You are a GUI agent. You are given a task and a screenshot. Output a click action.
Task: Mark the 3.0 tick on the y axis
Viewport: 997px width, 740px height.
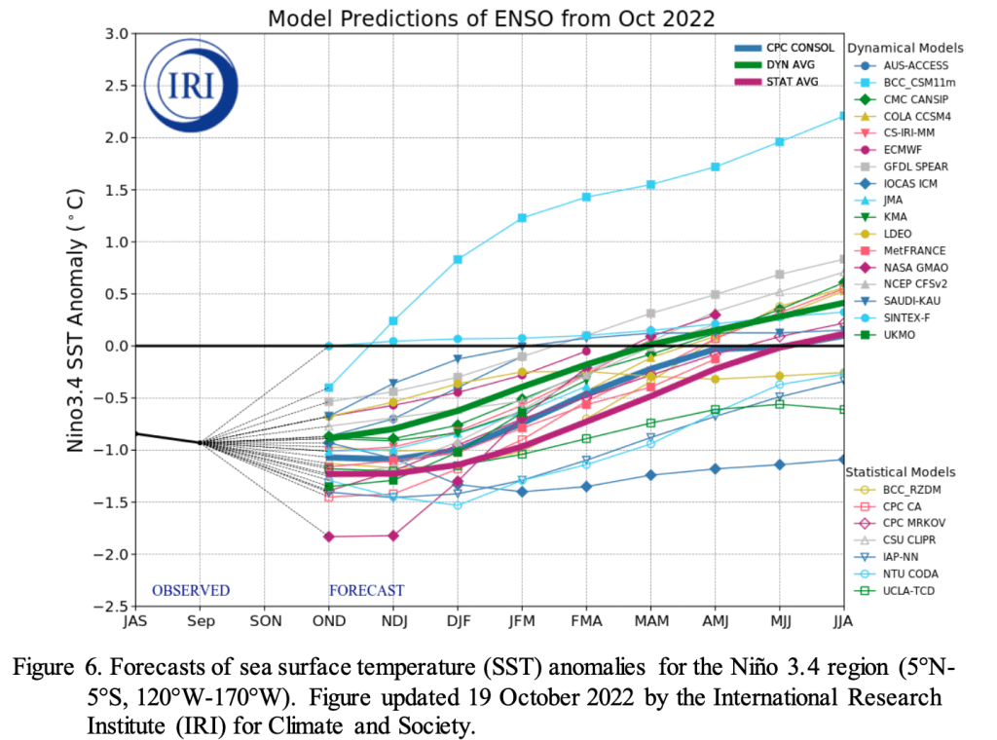[117, 34]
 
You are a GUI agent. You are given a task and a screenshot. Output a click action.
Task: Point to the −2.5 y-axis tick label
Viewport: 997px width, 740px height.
[111, 606]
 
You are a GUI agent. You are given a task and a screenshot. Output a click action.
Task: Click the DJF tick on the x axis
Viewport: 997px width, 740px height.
[457, 620]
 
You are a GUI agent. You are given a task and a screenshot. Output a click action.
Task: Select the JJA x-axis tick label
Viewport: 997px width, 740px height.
[841, 620]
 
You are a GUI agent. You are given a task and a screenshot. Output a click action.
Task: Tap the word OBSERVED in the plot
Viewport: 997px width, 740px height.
[191, 590]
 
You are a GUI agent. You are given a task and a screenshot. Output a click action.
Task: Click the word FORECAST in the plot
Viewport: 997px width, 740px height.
[366, 590]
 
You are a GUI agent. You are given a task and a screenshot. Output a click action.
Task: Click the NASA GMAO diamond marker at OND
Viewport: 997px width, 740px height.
[329, 536]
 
